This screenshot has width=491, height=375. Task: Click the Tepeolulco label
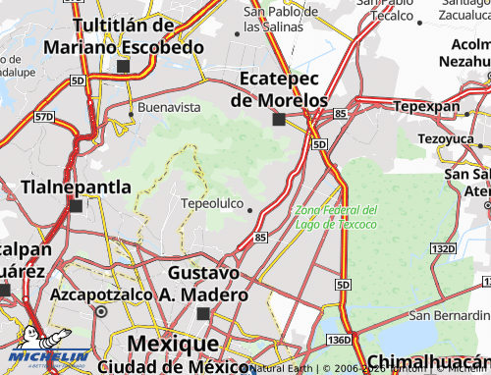tap(212, 204)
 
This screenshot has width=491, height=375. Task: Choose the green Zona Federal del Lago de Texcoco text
tap(336, 217)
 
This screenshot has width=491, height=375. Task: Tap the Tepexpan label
tap(426, 106)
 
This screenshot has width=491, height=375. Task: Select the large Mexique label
tap(173, 345)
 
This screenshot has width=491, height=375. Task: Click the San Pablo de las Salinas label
tap(281, 19)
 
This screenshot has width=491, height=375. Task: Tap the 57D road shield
tap(43, 117)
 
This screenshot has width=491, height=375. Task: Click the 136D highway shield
tap(338, 339)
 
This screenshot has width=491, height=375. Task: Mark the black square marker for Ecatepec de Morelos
tap(280, 120)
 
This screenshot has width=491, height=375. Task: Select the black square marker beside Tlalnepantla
tap(77, 206)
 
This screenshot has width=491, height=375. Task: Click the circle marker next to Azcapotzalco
tap(101, 311)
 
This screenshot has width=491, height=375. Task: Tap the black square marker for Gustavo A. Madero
tap(203, 314)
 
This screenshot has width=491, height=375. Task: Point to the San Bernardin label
tap(449, 315)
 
